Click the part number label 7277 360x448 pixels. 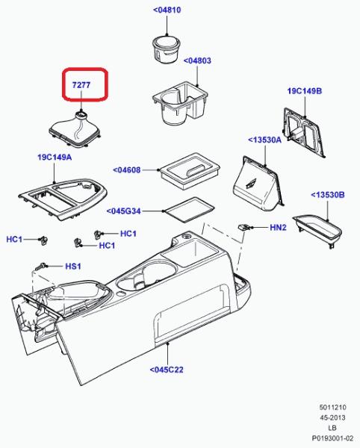coord(81,85)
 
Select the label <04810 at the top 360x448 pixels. coord(167,10)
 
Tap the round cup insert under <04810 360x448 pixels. coord(166,50)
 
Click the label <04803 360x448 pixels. coord(197,60)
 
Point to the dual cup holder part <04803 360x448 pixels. coord(180,103)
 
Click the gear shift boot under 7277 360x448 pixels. coord(75,130)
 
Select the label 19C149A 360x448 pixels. coord(55,157)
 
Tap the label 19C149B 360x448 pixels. coord(305,91)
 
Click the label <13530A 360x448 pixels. coord(265,140)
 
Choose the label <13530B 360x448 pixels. coord(328,195)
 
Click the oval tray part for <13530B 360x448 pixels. coord(317,231)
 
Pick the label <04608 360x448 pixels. coord(127,170)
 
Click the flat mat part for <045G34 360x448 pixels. coord(188,210)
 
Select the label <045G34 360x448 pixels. coord(124,211)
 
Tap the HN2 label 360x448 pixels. coord(278,228)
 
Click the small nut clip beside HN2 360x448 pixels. coord(244,227)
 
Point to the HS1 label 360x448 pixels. coord(73,267)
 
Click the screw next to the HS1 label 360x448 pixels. coord(40,267)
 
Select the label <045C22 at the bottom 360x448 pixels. coord(167,370)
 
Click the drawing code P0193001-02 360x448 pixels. coord(332,438)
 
